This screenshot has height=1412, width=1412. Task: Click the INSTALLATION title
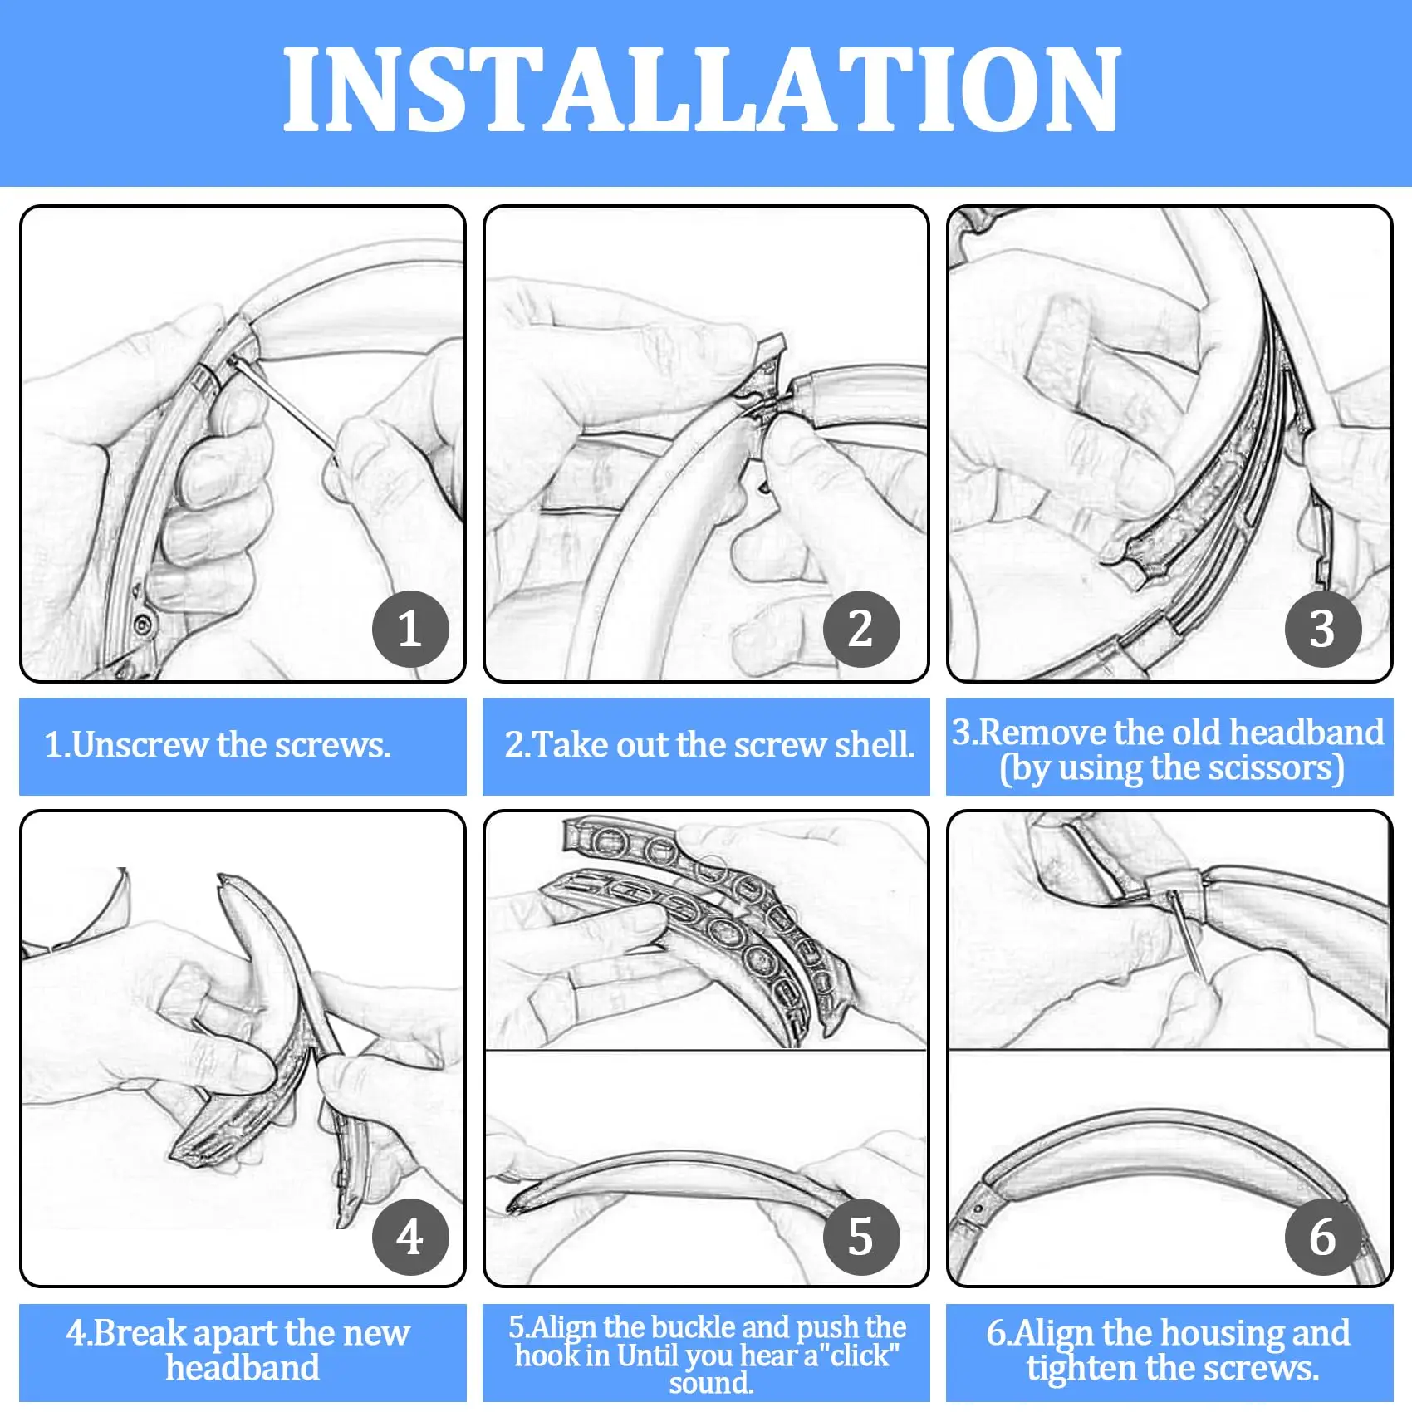click(703, 89)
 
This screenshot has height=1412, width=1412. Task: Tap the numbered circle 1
click(410, 629)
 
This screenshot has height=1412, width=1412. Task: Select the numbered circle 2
click(861, 629)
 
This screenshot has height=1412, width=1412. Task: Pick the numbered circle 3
click(1323, 629)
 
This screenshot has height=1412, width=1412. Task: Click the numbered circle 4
click(410, 1237)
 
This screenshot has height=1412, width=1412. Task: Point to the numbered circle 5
click(861, 1237)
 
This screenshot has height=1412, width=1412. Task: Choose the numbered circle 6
click(1323, 1237)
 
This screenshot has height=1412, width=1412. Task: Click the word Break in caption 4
click(140, 1333)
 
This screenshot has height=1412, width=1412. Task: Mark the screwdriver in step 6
click(1185, 934)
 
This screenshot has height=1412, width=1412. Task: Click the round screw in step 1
click(142, 623)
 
